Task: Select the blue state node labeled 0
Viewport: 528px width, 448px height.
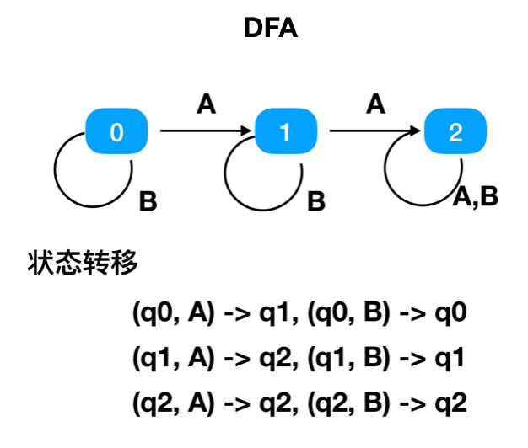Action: pos(116,131)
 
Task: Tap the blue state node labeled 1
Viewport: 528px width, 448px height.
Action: pos(285,131)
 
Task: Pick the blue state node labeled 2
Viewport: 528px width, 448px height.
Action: pos(455,131)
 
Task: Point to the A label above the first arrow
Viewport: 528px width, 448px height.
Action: pos(206,104)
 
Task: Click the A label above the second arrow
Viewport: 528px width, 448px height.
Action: pos(376,104)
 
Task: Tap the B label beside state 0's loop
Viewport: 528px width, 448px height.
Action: pos(148,202)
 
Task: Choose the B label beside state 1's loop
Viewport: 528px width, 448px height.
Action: pos(316,202)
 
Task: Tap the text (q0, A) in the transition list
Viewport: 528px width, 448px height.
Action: pos(174,315)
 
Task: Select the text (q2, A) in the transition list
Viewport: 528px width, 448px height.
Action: pos(174,404)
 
